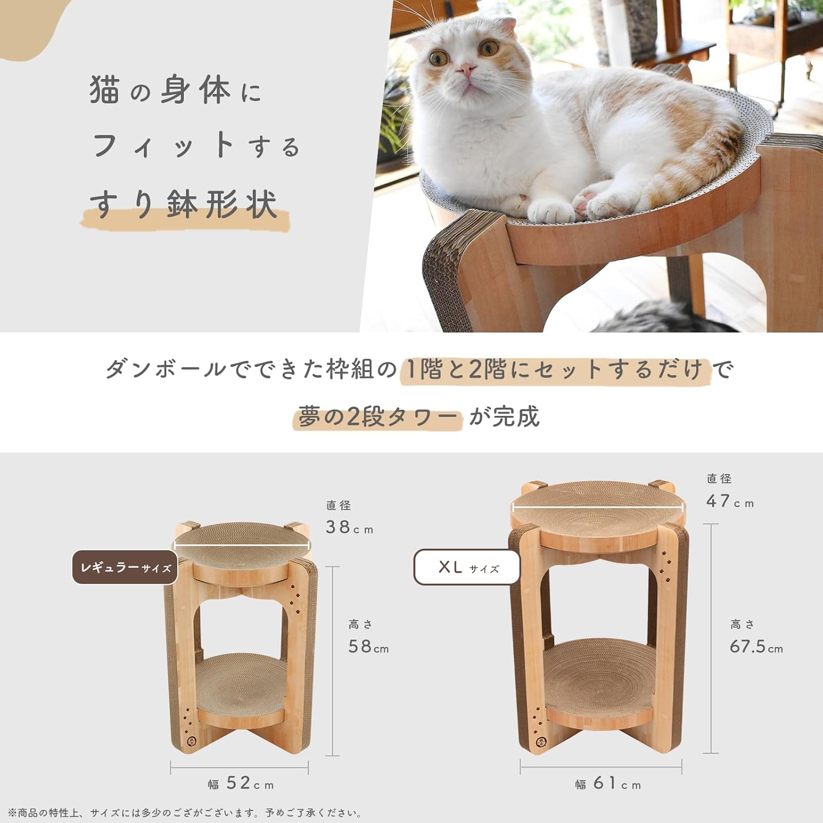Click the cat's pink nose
(467, 70)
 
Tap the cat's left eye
(488, 48)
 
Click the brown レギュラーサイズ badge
(125, 567)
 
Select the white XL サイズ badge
(467, 567)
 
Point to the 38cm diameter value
(349, 527)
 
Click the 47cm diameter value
(730, 501)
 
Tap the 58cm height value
(368, 646)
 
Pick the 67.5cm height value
(756, 646)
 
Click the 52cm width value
(250, 783)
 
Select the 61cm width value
(617, 783)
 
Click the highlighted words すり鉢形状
(184, 205)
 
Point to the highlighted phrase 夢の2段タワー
(377, 418)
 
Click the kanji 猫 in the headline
(105, 89)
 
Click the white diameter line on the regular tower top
(241, 545)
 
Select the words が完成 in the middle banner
(504, 417)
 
